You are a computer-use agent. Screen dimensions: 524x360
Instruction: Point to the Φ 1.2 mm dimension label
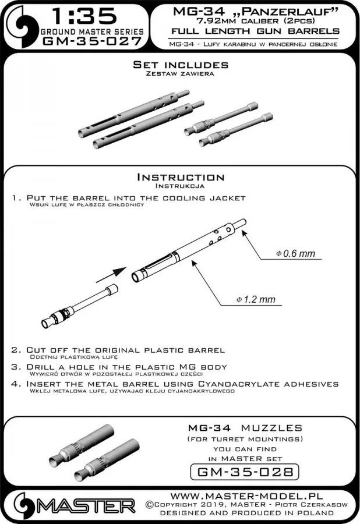point(256,300)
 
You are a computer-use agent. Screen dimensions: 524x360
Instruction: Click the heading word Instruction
point(179,177)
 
